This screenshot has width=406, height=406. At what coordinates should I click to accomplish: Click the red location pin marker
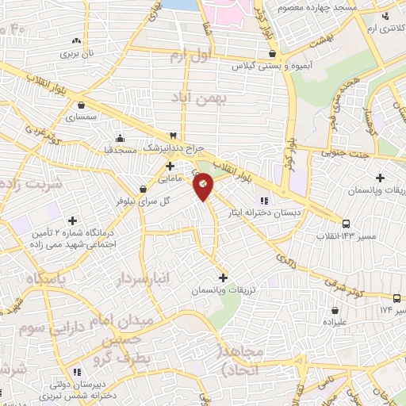[204, 186]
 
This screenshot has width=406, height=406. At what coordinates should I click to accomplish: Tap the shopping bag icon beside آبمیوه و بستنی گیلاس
[273, 54]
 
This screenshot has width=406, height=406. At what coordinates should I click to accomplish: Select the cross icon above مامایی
[170, 165]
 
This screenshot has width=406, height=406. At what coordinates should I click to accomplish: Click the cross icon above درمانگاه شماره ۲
[73, 220]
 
